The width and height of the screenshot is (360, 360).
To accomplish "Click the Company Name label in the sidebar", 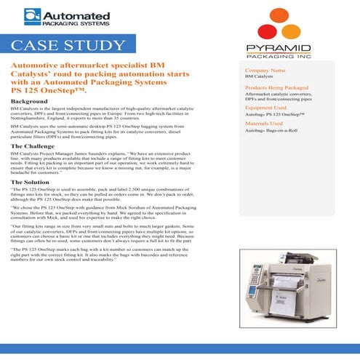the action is tap(266, 70).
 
